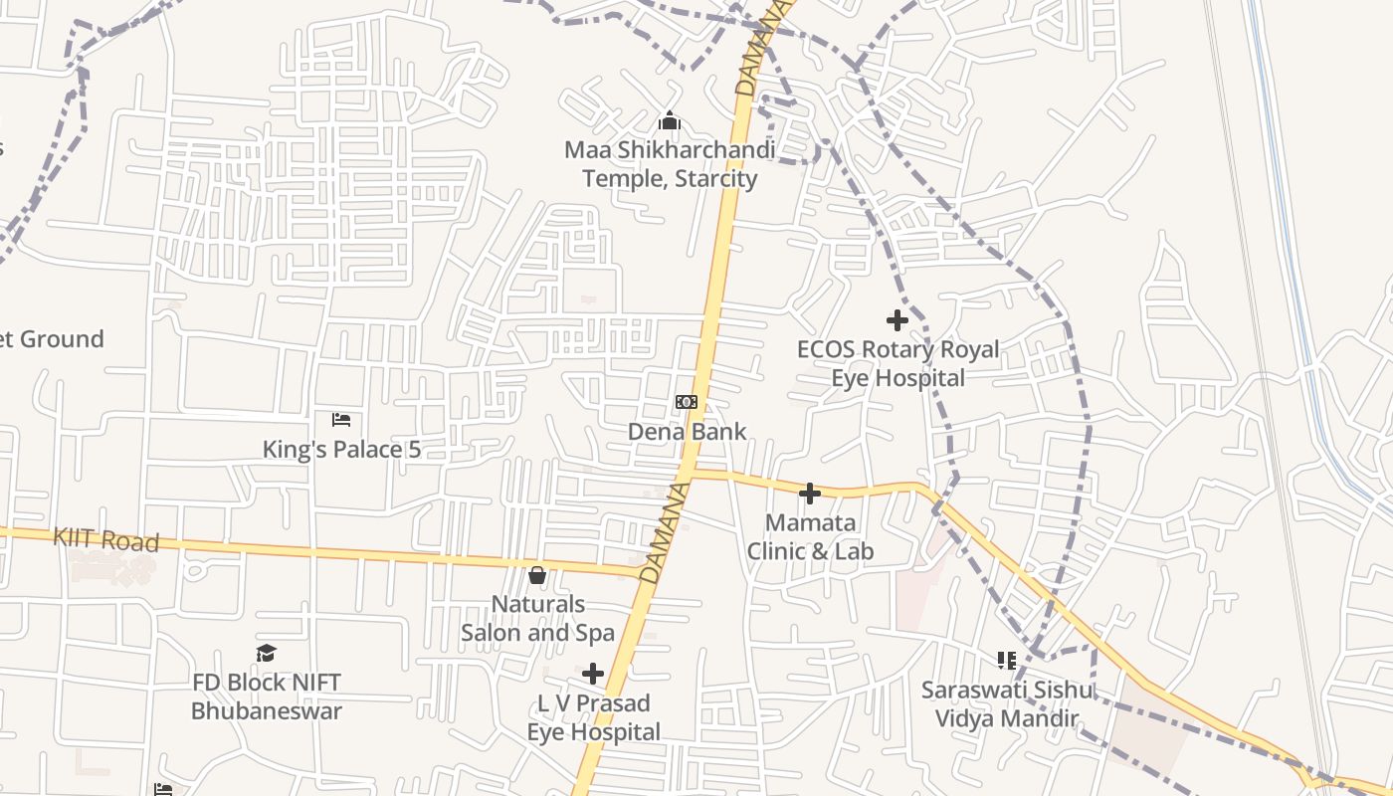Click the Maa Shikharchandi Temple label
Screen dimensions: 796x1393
coord(670,164)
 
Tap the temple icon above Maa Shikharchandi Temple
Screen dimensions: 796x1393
coord(670,121)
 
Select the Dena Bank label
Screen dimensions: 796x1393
coord(687,432)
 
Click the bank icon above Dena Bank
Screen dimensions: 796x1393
coord(687,402)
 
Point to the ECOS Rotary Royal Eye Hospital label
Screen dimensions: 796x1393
coord(897,364)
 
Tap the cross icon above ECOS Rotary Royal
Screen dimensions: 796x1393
coord(897,320)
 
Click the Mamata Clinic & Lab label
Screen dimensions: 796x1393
coord(810,537)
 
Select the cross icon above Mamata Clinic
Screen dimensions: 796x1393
coord(810,494)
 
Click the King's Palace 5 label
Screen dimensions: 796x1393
coord(341,450)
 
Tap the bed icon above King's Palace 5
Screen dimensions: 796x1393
coord(341,419)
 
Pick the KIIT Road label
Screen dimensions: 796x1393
coord(105,540)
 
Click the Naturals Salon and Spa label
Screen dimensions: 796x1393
coord(537,618)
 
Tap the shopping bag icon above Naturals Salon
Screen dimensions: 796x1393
coord(537,575)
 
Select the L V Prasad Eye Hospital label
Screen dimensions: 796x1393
coord(593,717)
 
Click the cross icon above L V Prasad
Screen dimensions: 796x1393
coord(593,674)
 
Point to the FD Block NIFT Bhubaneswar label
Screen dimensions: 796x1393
coord(266,696)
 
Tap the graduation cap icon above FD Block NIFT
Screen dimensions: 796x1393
coord(266,653)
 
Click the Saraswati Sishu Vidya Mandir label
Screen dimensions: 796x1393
coord(1006,703)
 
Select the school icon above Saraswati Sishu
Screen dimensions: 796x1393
coord(1006,661)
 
